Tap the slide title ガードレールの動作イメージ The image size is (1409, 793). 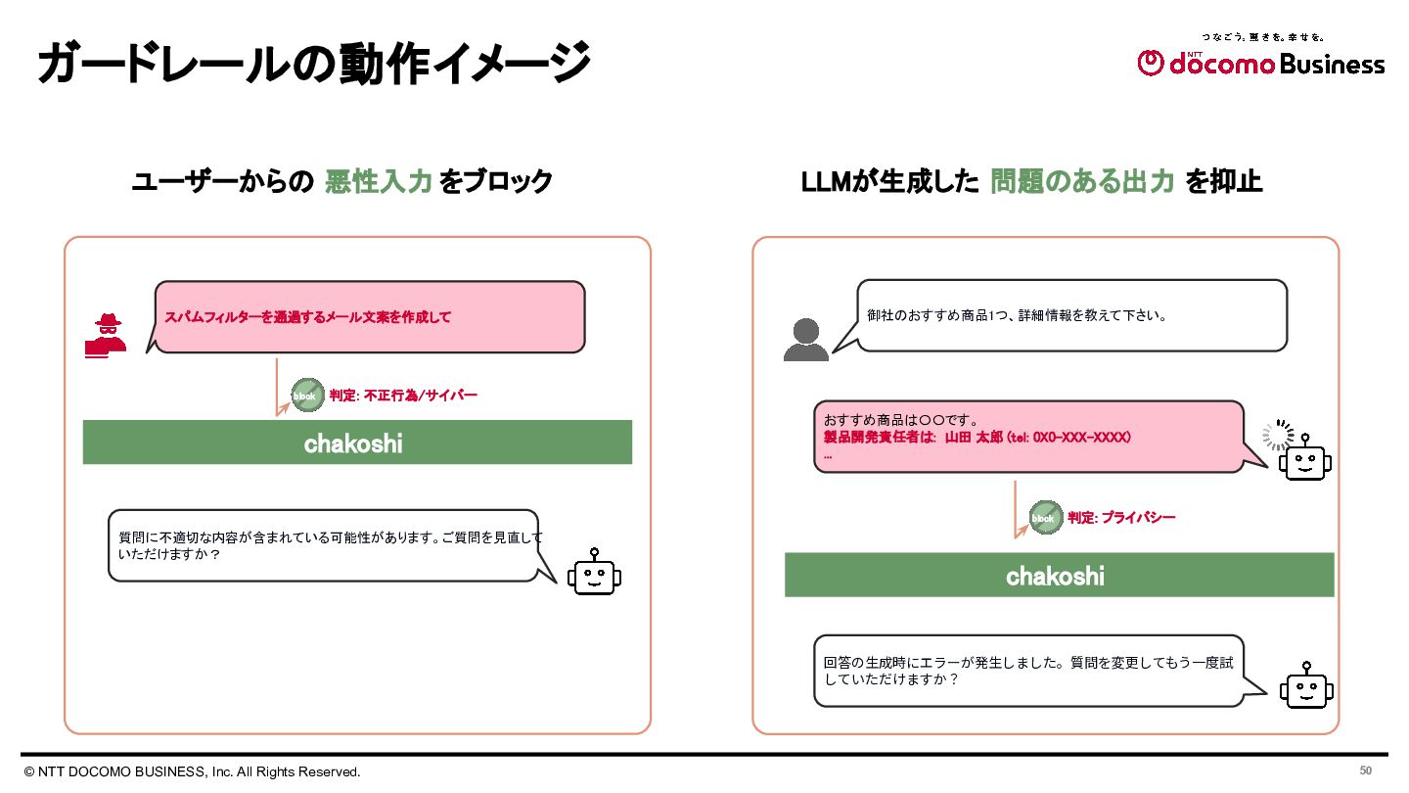(x=314, y=64)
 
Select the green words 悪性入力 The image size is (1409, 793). (x=378, y=182)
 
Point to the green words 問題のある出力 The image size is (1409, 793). (x=1081, y=182)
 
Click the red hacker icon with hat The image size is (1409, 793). (x=105, y=336)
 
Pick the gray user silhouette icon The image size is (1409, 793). (x=805, y=340)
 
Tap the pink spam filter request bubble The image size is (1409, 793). (x=370, y=316)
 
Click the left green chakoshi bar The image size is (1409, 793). (x=357, y=443)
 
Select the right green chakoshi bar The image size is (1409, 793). (x=1059, y=575)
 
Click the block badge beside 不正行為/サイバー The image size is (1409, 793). (x=307, y=396)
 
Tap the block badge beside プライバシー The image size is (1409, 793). (x=1045, y=518)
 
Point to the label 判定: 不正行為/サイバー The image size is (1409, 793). (x=403, y=396)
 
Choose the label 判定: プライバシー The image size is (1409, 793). (x=1121, y=518)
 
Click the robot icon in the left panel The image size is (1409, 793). (x=594, y=574)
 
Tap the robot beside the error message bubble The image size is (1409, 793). (x=1306, y=686)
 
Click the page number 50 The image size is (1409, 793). (x=1366, y=770)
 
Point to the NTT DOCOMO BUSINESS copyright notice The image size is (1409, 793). (x=193, y=771)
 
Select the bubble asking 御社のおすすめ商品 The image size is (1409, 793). (x=1071, y=315)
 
